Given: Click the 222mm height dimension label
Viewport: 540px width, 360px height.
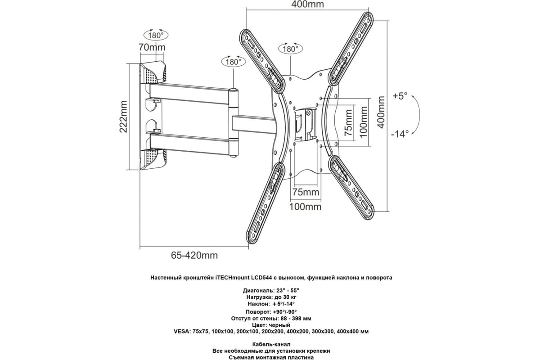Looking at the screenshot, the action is pos(123,117).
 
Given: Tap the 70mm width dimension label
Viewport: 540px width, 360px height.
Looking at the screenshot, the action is pos(152,48).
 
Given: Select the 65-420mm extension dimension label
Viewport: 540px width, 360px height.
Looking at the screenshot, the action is pos(194,255).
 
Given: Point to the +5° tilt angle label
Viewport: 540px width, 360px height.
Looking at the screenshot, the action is pos(400,96).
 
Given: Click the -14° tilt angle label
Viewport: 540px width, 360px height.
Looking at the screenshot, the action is pos(400,134).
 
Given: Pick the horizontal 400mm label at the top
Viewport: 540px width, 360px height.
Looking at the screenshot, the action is pos(308,4).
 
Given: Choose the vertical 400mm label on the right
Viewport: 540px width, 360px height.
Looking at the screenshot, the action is pos(381,112).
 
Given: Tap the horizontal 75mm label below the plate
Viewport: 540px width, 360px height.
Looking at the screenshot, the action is pos(306,192).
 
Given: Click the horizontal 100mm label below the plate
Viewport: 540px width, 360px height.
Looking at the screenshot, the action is pos(306,207).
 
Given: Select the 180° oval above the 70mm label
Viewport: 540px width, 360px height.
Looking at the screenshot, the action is pos(156,36).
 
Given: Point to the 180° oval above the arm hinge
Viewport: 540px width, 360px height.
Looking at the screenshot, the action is pos(234,62).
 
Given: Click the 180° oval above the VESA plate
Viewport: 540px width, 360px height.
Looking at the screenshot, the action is pos(291,49).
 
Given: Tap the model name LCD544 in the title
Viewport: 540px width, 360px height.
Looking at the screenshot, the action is pos(261,278).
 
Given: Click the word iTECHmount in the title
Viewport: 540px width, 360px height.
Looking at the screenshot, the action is pos(234,278).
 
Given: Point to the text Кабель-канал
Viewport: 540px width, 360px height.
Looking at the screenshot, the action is pos(271,344).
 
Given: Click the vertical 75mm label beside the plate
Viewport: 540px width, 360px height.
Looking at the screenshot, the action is pos(349,123).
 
